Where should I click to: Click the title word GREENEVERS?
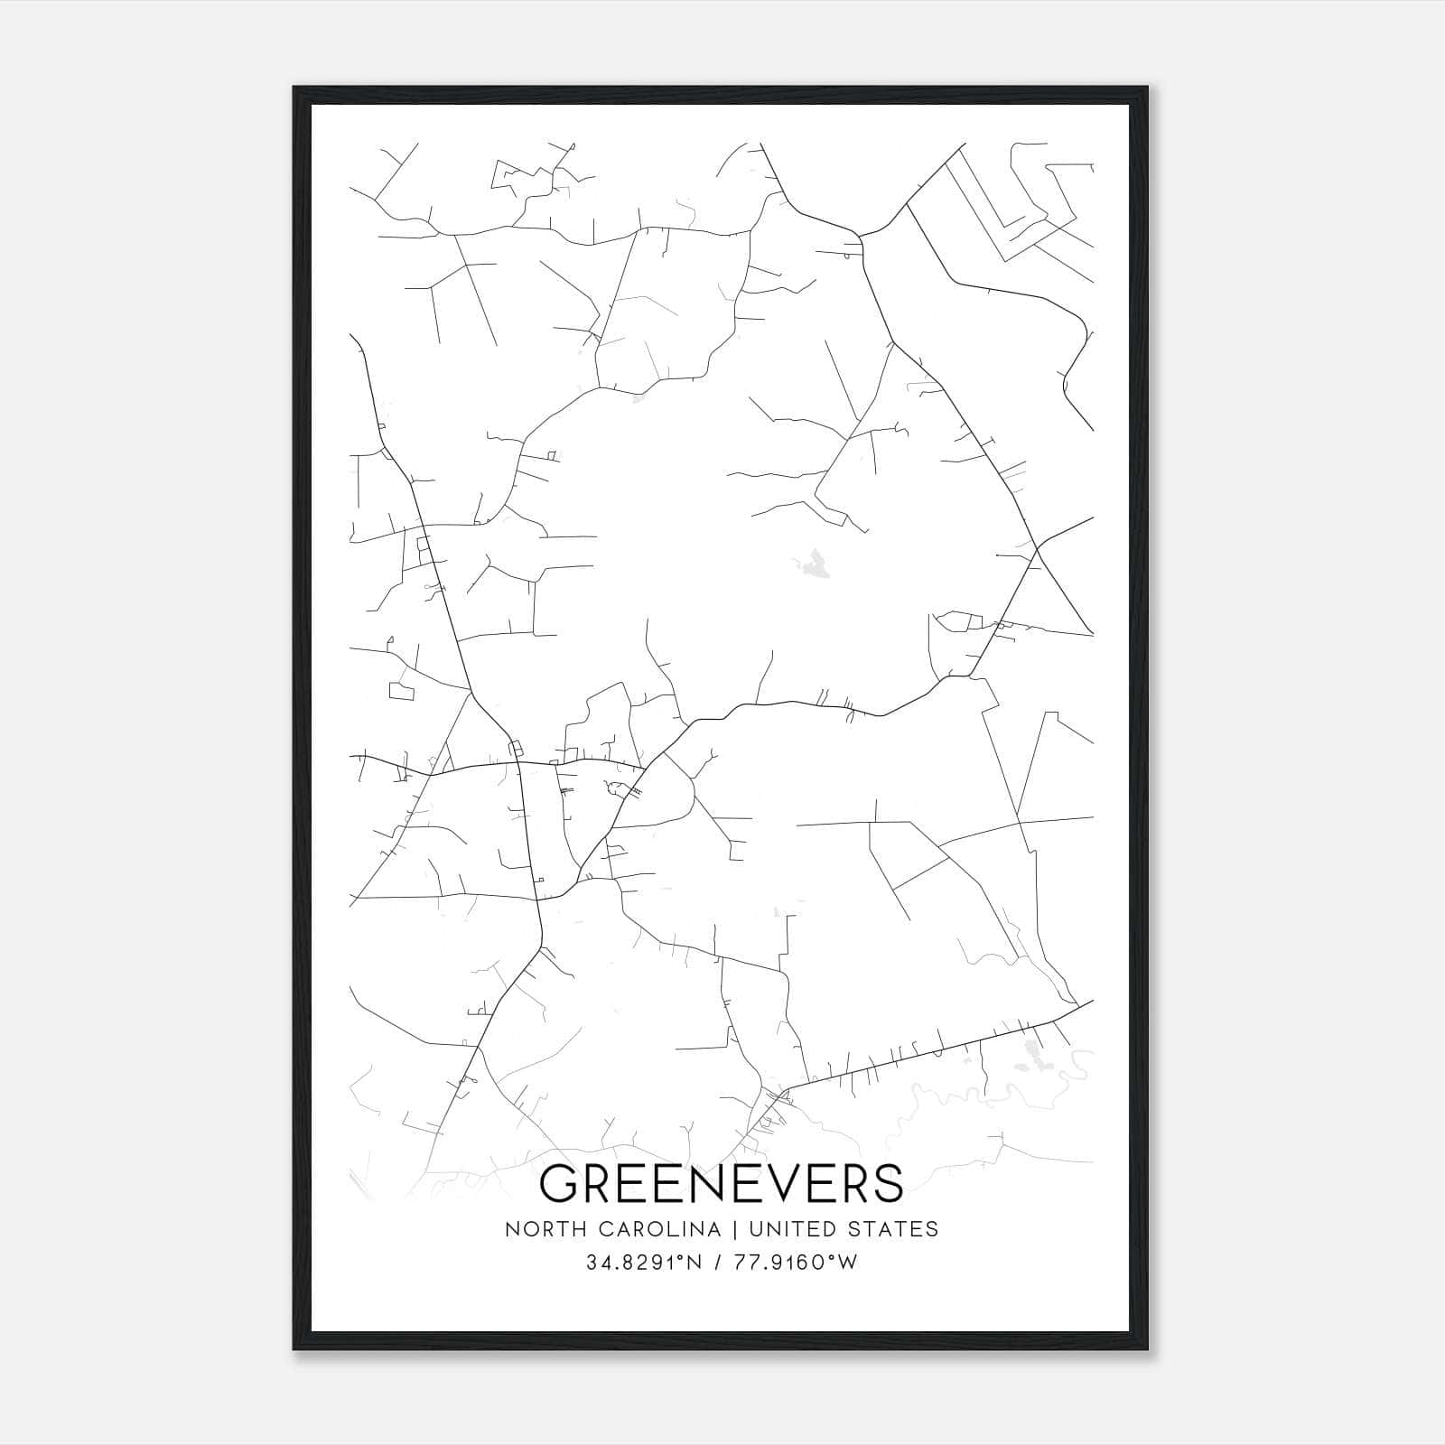pos(721,1183)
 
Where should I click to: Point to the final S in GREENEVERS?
pos(886,1183)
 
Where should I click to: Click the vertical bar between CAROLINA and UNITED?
pos(732,1229)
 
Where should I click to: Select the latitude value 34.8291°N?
pos(644,1263)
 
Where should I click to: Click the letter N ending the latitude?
pos(695,1263)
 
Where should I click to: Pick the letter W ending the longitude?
pos(850,1263)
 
